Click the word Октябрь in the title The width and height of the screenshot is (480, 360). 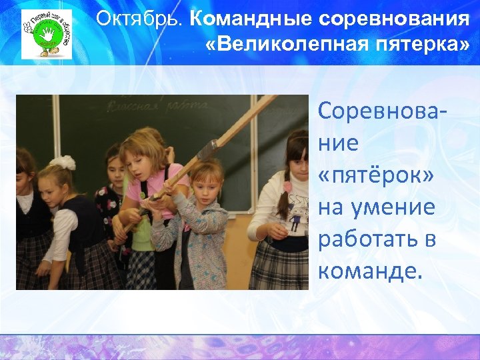[138, 19]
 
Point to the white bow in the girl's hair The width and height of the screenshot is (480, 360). [63, 162]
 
